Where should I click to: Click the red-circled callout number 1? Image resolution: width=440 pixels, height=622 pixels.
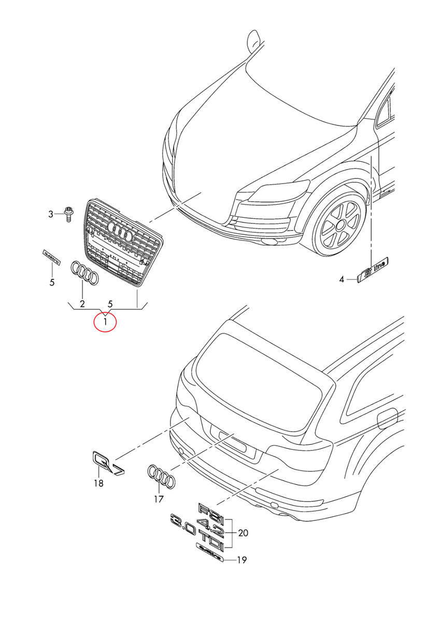point(105,322)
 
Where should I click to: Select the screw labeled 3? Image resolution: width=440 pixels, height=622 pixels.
point(68,213)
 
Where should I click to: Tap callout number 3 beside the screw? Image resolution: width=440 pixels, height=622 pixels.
point(51,214)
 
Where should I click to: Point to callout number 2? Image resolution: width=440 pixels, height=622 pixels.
point(82,303)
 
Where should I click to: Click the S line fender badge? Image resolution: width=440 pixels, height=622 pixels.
point(374,271)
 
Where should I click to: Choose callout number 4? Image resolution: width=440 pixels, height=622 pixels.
point(342,280)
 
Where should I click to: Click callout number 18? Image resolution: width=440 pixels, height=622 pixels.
point(98,484)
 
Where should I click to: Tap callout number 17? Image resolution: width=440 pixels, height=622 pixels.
point(159,499)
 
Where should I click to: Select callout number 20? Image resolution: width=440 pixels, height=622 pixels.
point(243,532)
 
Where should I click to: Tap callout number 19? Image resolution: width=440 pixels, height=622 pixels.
point(242,560)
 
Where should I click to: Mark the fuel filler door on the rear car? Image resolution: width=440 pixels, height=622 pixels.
point(388,418)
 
